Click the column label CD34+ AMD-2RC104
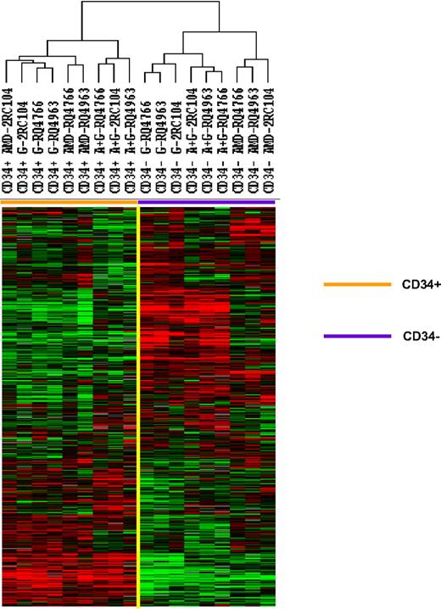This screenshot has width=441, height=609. [8, 141]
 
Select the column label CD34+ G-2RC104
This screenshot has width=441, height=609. [24, 141]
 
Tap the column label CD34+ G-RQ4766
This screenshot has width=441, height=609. [39, 141]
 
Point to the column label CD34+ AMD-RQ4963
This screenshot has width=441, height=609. [84, 141]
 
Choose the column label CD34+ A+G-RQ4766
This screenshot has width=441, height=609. [99, 141]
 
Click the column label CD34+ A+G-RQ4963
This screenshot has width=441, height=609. [130, 141]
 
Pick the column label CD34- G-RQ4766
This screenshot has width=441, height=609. [145, 141]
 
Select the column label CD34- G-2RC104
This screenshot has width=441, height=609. [177, 141]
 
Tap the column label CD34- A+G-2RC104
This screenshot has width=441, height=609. [193, 141]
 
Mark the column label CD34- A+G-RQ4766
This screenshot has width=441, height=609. [223, 141]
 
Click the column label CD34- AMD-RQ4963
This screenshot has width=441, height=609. [254, 141]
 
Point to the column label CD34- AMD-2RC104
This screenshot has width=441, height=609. [270, 141]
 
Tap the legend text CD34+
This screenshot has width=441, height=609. [420, 285]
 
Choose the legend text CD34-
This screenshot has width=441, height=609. [419, 337]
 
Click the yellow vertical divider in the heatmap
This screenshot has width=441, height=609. [137, 407]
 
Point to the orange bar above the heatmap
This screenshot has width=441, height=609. [69, 201]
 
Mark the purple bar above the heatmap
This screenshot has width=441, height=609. [207, 201]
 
